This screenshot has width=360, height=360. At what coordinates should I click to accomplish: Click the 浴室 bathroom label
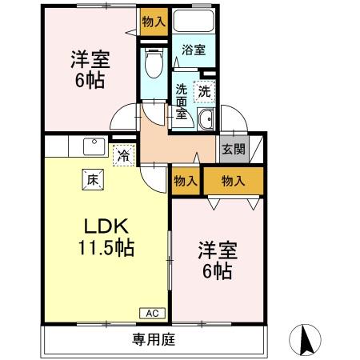click(x=193, y=50)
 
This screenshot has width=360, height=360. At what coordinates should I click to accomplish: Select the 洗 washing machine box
click(x=204, y=91)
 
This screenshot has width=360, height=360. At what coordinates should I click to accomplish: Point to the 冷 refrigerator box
click(x=123, y=155)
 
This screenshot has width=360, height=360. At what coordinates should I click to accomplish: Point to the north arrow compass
click(x=306, y=341)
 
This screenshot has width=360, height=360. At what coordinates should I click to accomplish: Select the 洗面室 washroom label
click(x=182, y=102)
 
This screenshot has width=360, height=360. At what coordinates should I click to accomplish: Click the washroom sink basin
click(x=205, y=121)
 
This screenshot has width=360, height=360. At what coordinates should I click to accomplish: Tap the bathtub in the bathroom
click(x=193, y=22)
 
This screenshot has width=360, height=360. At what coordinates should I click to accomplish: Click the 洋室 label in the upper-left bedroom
click(x=90, y=59)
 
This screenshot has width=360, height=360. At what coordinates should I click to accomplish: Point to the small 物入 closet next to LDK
click(x=185, y=181)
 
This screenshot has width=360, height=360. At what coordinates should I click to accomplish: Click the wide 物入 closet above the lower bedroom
click(x=232, y=181)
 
